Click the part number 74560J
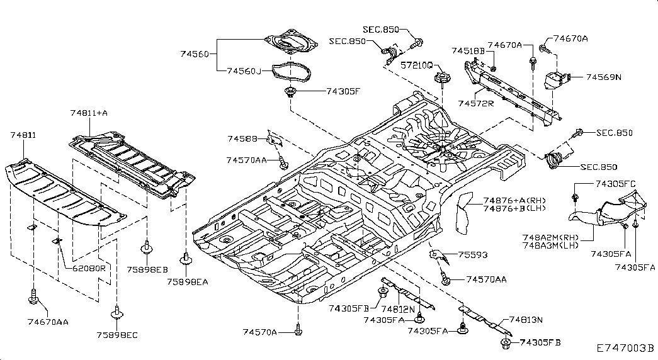(x=244, y=71)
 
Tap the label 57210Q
(x=416, y=65)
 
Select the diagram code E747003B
(x=626, y=348)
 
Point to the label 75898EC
(x=117, y=335)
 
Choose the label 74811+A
(x=89, y=113)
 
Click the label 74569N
(x=603, y=77)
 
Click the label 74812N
(x=398, y=309)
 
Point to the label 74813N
(x=526, y=320)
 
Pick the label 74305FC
(x=615, y=183)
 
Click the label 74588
(x=242, y=138)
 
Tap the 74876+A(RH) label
(x=514, y=200)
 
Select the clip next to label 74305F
(x=289, y=91)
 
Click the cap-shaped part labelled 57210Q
(x=442, y=78)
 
